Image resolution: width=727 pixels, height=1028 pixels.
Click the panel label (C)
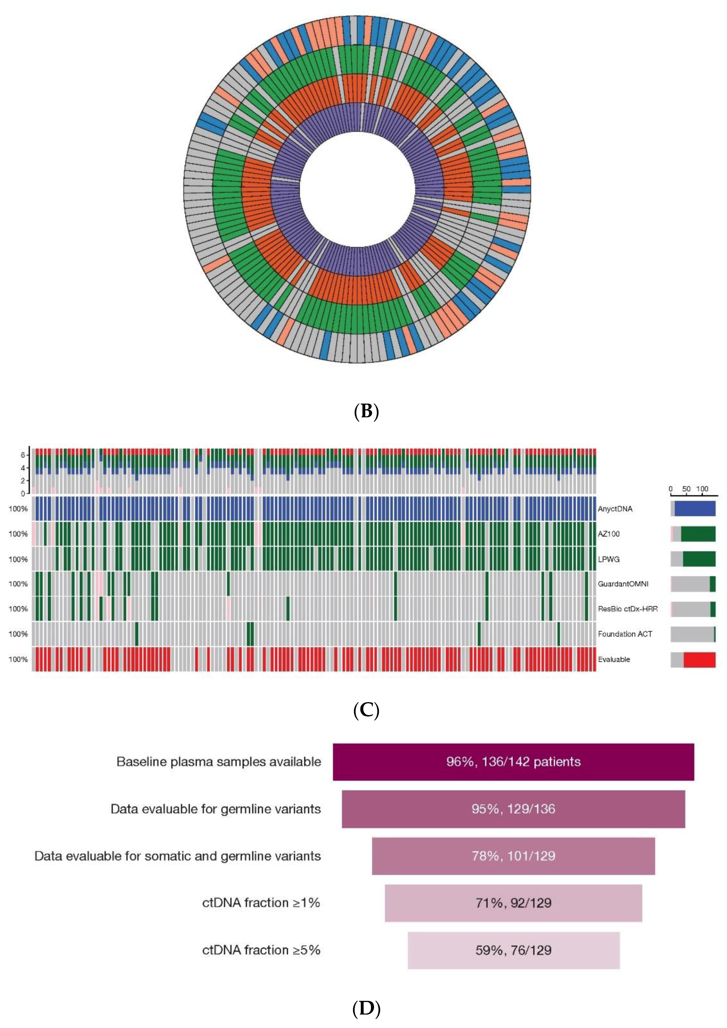click(366, 711)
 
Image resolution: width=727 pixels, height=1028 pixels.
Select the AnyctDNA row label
click(615, 509)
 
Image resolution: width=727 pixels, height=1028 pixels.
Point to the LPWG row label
click(609, 559)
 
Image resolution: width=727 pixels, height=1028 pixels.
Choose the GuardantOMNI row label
click(623, 584)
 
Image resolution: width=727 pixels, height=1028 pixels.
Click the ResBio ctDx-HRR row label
click(627, 609)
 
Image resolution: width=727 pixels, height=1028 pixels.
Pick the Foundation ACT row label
click(625, 634)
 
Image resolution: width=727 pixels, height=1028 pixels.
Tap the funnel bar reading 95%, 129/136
click(513, 809)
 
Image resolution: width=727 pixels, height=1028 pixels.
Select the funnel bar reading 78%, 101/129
click(513, 856)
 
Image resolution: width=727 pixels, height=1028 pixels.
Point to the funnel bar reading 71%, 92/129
click(513, 903)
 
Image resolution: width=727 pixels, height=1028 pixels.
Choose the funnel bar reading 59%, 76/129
click(513, 950)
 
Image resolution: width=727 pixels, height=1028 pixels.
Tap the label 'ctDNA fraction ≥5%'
click(261, 950)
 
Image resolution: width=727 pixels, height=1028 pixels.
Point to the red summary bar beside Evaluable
click(699, 660)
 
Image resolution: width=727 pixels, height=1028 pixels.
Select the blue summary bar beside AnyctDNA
click(695, 509)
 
